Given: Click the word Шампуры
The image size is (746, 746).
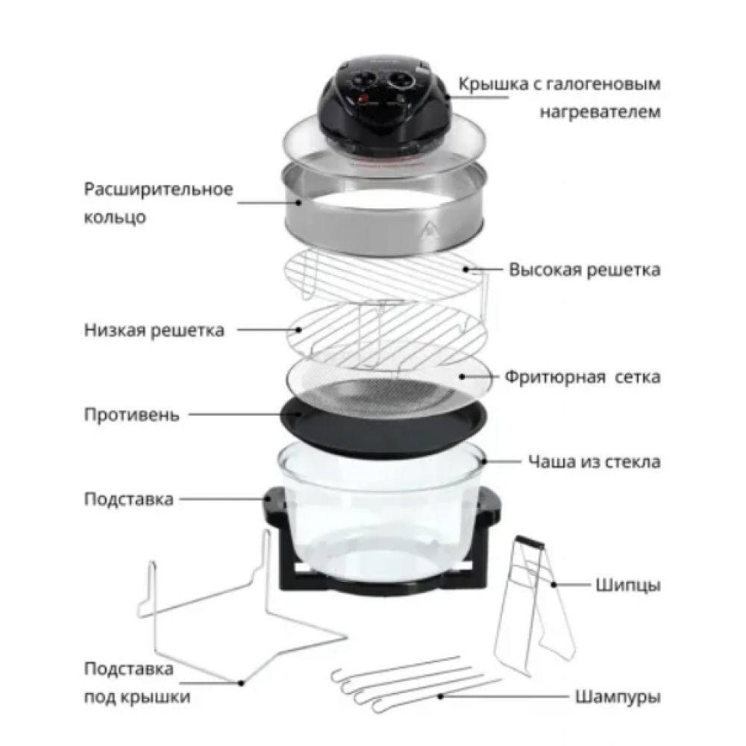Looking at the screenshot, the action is pyautogui.click(x=618, y=697).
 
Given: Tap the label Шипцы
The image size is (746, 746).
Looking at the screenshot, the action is pyautogui.click(x=628, y=585).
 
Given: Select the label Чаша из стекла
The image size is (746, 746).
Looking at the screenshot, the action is pyautogui.click(x=595, y=462).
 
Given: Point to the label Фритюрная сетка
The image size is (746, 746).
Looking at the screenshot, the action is pyautogui.click(x=583, y=377).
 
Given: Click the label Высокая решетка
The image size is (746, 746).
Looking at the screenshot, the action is pyautogui.click(x=585, y=270).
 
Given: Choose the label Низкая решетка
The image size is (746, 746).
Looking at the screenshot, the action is pyautogui.click(x=154, y=330).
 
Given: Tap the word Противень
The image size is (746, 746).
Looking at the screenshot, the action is pyautogui.click(x=132, y=415).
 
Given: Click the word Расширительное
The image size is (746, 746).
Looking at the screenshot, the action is pyautogui.click(x=158, y=189).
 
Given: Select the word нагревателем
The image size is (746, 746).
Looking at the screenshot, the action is pyautogui.click(x=600, y=113).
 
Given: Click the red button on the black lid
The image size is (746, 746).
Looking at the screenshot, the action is pyautogui.click(x=364, y=99).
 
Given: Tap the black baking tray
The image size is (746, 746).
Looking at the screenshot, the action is pyautogui.click(x=383, y=424).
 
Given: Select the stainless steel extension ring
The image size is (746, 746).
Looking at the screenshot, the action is pyautogui.click(x=383, y=210).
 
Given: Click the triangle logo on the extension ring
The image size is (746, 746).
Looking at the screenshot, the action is pyautogui.click(x=430, y=228).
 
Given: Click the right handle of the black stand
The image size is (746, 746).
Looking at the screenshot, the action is pyautogui.click(x=490, y=505).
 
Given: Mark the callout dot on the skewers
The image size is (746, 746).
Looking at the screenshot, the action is pyautogui.click(x=441, y=697).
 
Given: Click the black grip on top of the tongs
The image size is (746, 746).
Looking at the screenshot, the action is pyautogui.click(x=530, y=541).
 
